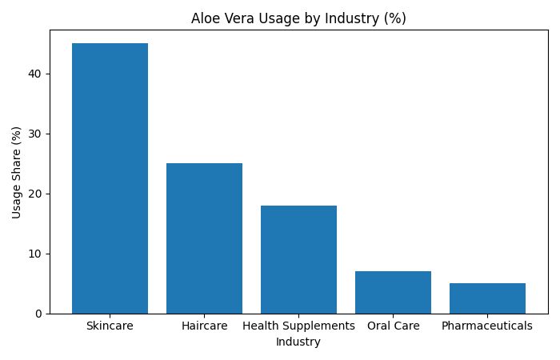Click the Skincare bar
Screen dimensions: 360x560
pos(110,178)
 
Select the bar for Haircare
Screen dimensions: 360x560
pos(204,238)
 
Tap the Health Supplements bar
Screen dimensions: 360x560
pos(298,259)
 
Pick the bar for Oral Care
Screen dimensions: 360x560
pos(393,292)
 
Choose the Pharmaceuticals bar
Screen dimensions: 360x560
pos(487,298)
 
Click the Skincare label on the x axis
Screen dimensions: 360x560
pos(110,326)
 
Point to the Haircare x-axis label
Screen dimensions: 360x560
pos(204,326)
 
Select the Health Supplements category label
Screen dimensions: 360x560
pos(298,326)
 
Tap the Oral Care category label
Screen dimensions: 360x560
pos(393,326)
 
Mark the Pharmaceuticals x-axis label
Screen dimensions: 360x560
pos(487,326)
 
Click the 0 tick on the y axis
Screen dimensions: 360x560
pos(38,314)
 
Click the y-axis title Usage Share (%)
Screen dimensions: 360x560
pos(17,172)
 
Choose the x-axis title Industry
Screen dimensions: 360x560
pos(298,342)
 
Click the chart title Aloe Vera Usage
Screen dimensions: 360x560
pos(298,18)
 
